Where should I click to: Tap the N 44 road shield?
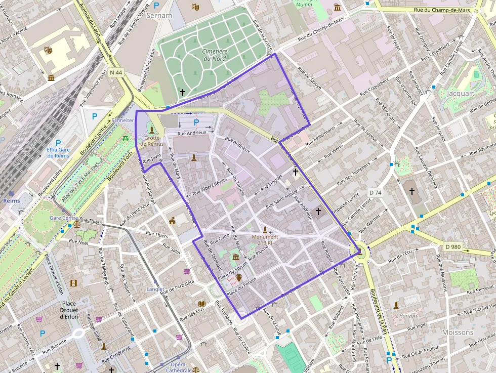click(116, 72)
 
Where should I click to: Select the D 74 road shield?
click(375, 192)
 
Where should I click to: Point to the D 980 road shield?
click(453, 246)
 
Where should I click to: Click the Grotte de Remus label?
click(152, 141)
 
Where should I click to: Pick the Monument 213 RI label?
click(265, 239)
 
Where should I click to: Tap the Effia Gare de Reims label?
click(58, 153)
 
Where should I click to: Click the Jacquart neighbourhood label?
click(461, 93)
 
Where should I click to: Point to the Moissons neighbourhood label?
click(458, 333)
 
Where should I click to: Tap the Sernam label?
click(159, 15)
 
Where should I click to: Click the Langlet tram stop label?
click(155, 289)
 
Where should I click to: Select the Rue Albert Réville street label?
click(210, 187)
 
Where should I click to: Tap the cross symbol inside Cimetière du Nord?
click(183, 92)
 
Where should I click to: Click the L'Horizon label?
click(407, 315)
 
